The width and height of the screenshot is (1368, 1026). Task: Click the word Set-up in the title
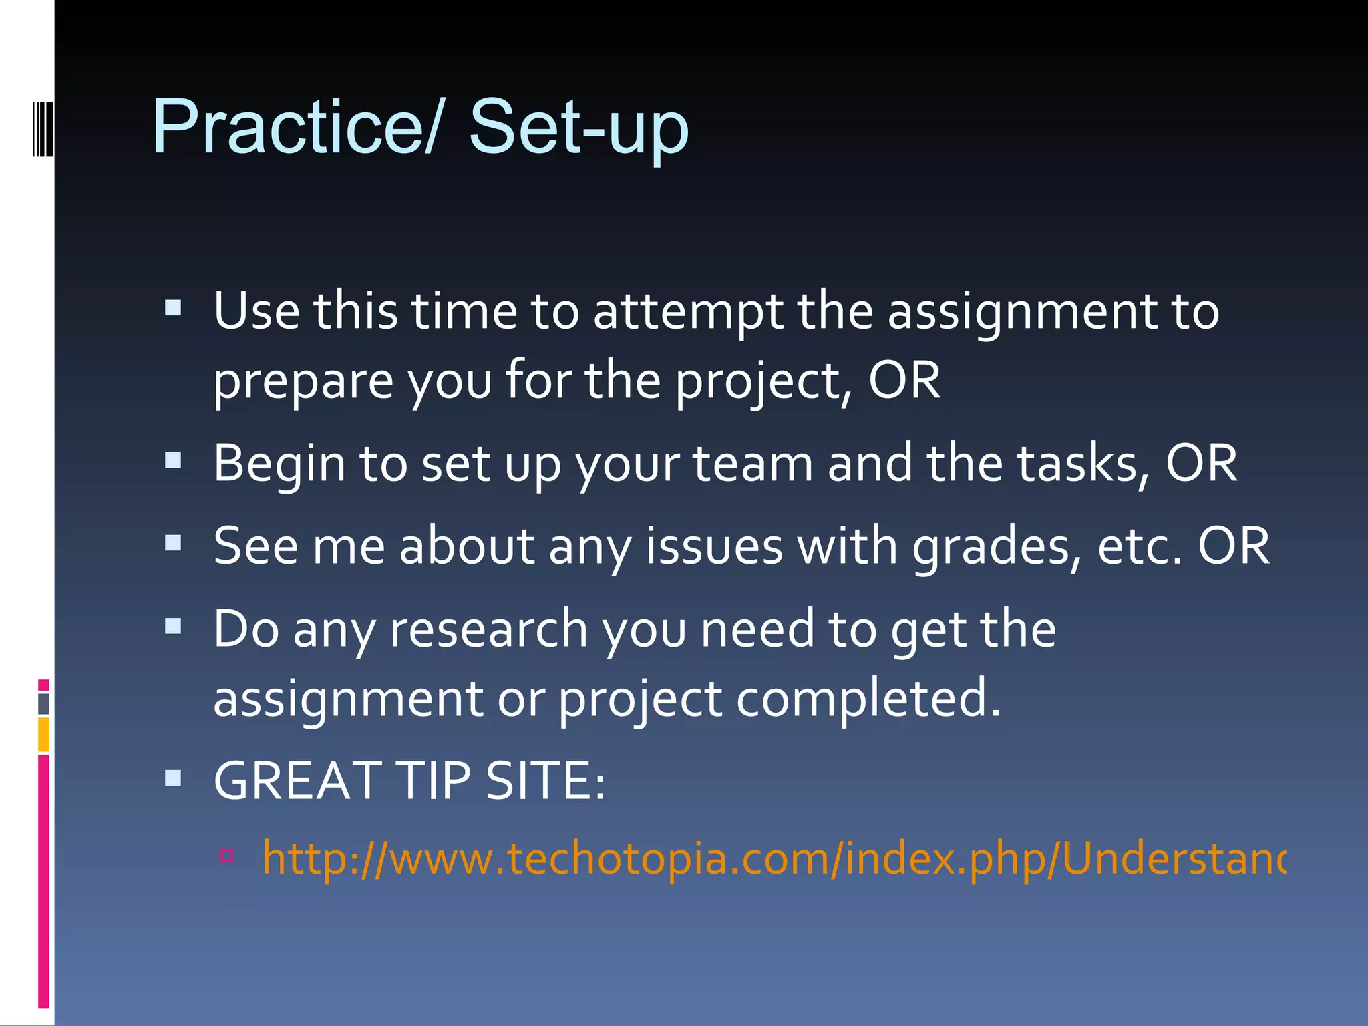click(x=578, y=127)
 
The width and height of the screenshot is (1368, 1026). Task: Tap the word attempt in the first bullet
click(x=688, y=313)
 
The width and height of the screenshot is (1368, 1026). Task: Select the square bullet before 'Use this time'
click(x=173, y=308)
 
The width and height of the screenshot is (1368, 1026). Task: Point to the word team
click(x=753, y=464)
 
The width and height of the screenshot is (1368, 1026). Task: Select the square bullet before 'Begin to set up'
click(x=173, y=460)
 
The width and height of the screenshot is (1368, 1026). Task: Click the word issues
click(x=713, y=547)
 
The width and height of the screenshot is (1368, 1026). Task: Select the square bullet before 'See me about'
click(x=173, y=543)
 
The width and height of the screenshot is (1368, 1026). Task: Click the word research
click(x=488, y=629)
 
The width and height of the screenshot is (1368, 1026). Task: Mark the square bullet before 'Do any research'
click(x=173, y=626)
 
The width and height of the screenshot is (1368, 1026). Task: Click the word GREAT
click(x=298, y=781)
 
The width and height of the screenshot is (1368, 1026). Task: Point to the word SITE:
click(x=545, y=781)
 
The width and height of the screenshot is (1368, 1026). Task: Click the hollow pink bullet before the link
click(x=227, y=855)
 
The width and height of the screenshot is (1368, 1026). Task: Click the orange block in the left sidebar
click(x=43, y=734)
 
